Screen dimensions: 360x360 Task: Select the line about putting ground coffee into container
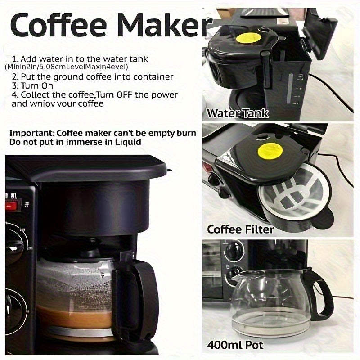(92, 77)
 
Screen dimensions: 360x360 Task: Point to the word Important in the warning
(31, 133)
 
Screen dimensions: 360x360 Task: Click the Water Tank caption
(237, 113)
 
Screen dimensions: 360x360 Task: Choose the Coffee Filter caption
(240, 229)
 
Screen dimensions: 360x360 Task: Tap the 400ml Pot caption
(235, 346)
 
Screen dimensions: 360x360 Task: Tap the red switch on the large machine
(10, 207)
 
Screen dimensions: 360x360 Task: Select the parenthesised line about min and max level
(67, 67)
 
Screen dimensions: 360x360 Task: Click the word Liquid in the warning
(128, 142)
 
